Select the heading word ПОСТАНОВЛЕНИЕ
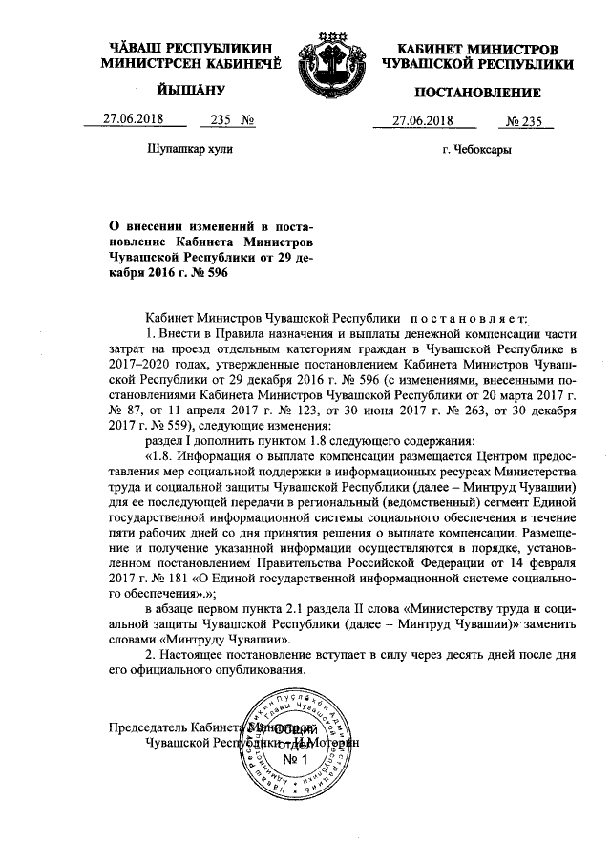[x=476, y=93]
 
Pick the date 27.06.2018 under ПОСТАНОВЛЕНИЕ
[x=421, y=121]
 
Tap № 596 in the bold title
[x=210, y=272]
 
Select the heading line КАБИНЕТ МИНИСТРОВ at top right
[x=476, y=48]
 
